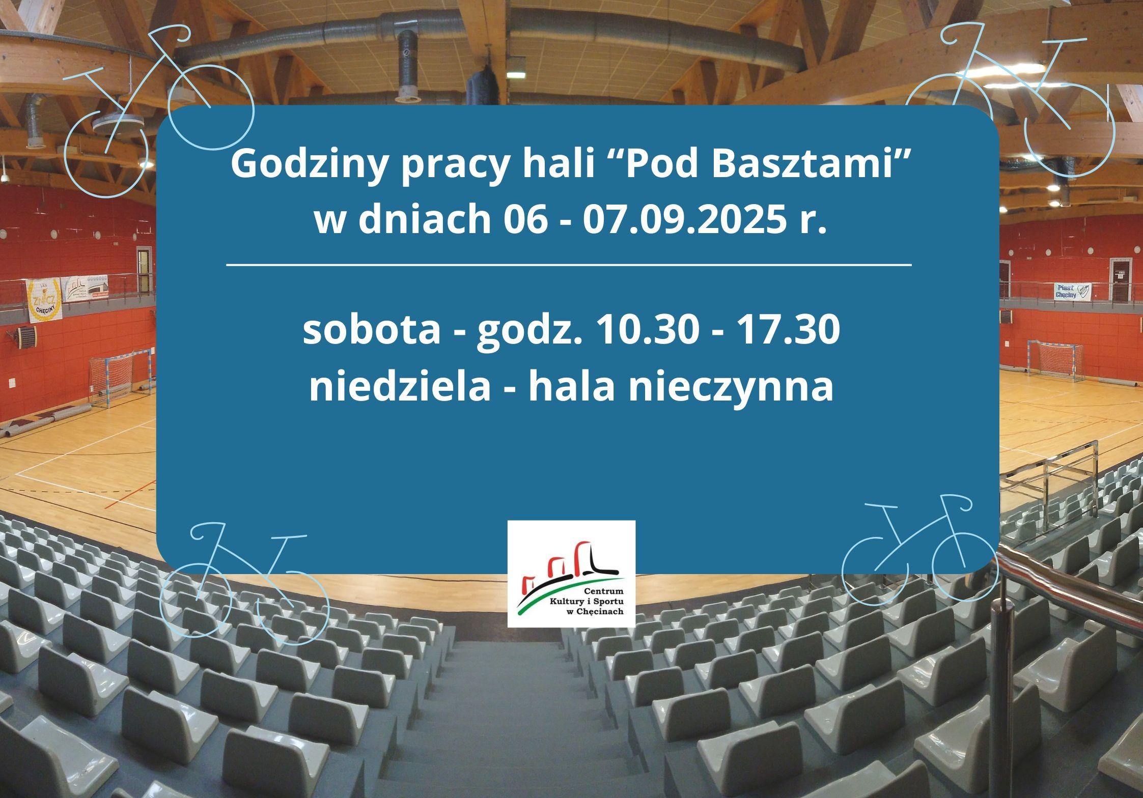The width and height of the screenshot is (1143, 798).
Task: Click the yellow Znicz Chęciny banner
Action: tap(44, 301)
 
